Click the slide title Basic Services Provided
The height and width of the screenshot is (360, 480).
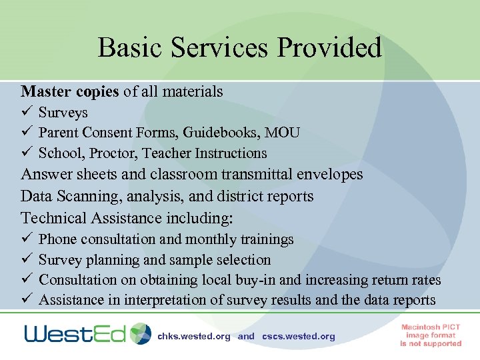click(x=239, y=48)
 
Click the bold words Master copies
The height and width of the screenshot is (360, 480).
click(x=70, y=91)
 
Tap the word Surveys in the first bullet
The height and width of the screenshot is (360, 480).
click(x=63, y=113)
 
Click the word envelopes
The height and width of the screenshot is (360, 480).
click(x=327, y=175)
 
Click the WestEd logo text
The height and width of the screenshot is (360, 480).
click(x=75, y=333)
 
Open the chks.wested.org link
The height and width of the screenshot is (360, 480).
click(x=194, y=337)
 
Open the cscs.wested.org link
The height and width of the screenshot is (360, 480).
click(x=299, y=337)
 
